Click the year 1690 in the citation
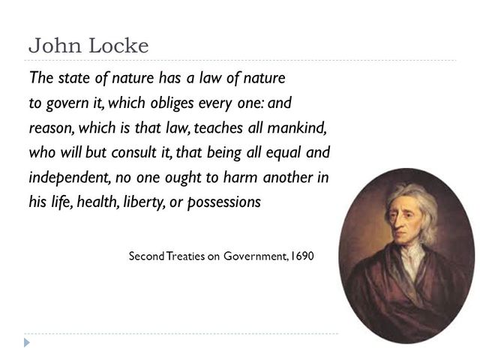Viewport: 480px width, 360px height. [300, 256]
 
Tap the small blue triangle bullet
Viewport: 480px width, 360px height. [28, 343]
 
